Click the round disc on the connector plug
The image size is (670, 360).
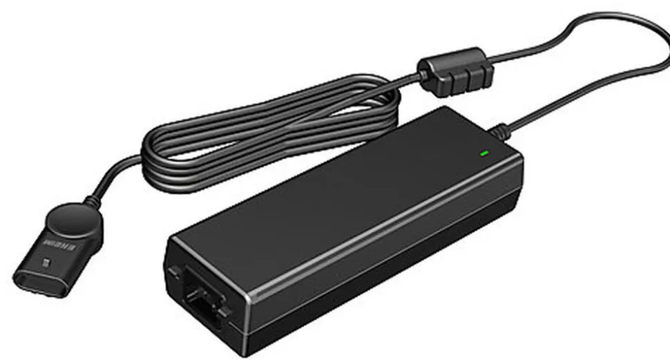(71, 222)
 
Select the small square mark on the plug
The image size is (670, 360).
(46, 263)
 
